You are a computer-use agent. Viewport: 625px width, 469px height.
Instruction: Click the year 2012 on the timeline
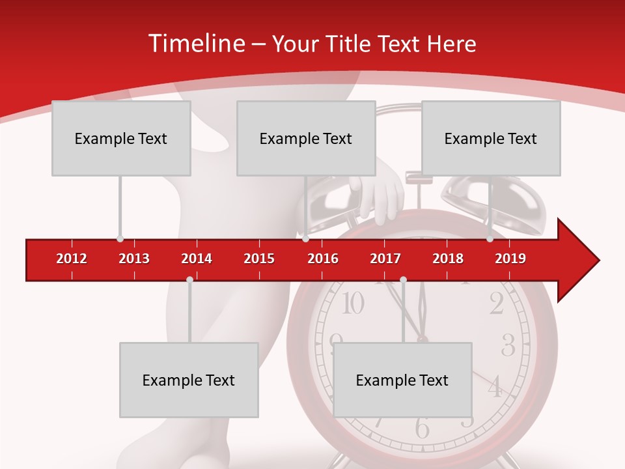pyautogui.click(x=72, y=259)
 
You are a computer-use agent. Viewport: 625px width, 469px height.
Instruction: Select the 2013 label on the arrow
pyautogui.click(x=134, y=259)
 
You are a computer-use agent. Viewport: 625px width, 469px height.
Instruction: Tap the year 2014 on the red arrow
pyautogui.click(x=197, y=259)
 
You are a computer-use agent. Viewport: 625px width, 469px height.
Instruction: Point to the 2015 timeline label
pyautogui.click(x=259, y=259)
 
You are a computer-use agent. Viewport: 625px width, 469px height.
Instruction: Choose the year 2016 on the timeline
pyautogui.click(x=323, y=259)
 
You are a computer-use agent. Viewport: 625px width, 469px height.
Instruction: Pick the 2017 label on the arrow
pyautogui.click(x=385, y=259)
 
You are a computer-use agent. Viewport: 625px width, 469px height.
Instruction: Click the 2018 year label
pyautogui.click(x=448, y=259)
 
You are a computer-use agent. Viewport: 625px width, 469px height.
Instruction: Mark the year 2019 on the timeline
pyautogui.click(x=510, y=259)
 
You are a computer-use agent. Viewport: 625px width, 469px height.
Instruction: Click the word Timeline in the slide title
pyautogui.click(x=195, y=44)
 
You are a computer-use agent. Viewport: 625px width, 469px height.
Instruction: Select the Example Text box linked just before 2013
pyautogui.click(x=121, y=138)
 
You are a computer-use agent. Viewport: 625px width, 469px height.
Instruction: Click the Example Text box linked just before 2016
pyautogui.click(x=306, y=138)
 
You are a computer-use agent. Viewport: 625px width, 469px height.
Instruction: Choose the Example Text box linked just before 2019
pyautogui.click(x=491, y=138)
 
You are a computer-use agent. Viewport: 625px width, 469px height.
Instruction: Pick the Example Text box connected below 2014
pyautogui.click(x=189, y=380)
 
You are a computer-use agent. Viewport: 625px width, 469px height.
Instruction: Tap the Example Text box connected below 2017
pyautogui.click(x=402, y=380)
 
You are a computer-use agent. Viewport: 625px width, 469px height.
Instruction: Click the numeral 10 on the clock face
pyautogui.click(x=352, y=304)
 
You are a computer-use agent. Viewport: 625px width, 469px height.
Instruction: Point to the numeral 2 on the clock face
pyautogui.click(x=496, y=304)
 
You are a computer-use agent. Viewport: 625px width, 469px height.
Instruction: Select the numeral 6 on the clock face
pyautogui.click(x=423, y=429)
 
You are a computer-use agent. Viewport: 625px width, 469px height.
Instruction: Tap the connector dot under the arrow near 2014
pyautogui.click(x=189, y=279)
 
